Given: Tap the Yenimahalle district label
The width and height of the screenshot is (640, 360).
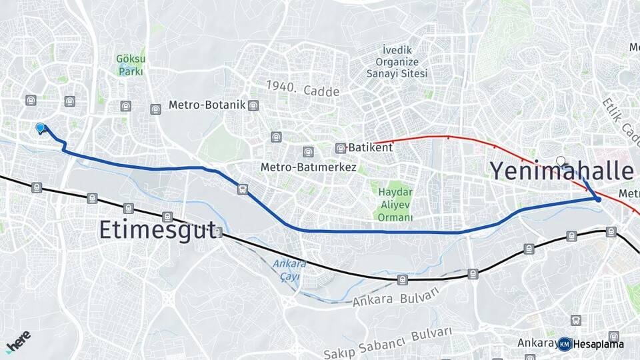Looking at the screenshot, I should coord(562,171).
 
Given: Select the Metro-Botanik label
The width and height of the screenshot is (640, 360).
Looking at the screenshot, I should coord(207,105).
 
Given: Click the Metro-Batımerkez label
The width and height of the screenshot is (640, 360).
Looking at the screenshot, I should coord(309,167).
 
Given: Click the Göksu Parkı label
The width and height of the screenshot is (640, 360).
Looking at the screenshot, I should coord(131,65).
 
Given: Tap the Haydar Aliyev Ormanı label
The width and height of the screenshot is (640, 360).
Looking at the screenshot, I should coord(395,205).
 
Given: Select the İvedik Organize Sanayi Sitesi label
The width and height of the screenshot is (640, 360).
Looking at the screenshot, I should coord(397,62).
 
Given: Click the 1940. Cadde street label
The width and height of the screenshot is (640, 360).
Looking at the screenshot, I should coord(303,88).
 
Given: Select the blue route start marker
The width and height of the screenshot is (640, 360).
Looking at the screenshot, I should coord(40,127).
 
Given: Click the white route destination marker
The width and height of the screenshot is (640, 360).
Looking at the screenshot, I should coord(561,161).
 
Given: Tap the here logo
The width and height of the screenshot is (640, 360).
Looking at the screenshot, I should coord(18,341).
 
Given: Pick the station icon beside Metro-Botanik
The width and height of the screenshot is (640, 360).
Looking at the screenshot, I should coord(253,105).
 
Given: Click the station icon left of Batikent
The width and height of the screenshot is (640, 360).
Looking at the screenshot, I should coord(340,148).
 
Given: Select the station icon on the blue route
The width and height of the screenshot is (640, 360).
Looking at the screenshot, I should coord(243,189).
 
